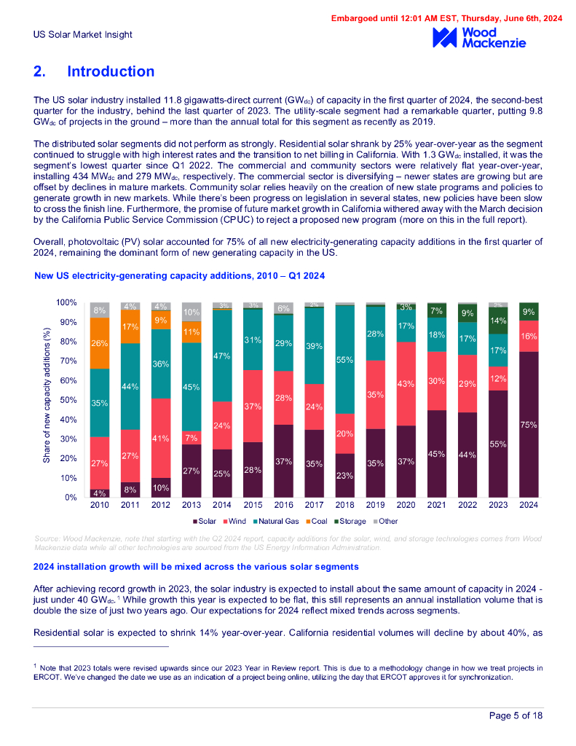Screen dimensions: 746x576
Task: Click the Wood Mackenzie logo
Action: click(478, 38)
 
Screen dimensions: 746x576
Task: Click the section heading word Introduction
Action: click(111, 71)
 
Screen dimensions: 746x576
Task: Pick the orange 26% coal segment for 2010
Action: click(100, 343)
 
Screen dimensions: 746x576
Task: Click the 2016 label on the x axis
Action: click(285, 504)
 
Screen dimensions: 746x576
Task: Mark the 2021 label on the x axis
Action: click(437, 504)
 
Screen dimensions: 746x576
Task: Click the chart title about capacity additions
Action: click(179, 276)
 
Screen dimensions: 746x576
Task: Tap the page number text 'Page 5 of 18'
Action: click(516, 716)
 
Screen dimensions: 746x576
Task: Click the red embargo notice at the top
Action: click(447, 18)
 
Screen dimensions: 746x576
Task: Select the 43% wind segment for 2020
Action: click(406, 383)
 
